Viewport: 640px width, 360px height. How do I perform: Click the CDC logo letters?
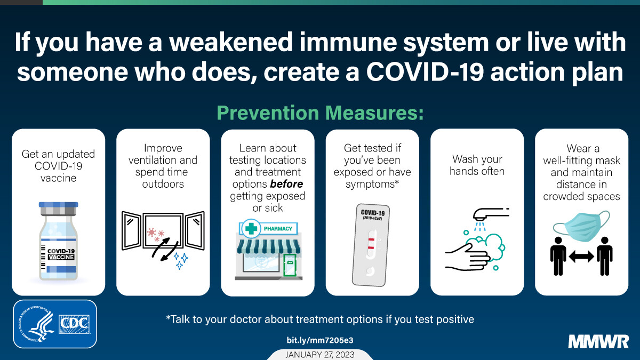[74, 324]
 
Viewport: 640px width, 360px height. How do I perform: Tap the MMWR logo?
[598, 342]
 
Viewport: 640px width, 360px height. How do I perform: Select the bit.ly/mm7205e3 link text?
[320, 340]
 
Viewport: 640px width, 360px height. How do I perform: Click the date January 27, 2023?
[320, 355]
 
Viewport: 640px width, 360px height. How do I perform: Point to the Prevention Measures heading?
[320, 113]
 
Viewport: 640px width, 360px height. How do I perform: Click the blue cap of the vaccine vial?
[58, 205]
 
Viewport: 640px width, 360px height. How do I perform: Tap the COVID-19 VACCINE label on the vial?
[61, 254]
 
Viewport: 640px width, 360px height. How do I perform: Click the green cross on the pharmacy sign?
[251, 229]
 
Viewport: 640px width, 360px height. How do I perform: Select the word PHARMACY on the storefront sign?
[278, 229]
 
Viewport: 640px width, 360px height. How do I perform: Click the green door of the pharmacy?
[290, 265]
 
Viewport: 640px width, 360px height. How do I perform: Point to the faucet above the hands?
[491, 214]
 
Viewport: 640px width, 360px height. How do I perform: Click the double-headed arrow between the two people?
[581, 257]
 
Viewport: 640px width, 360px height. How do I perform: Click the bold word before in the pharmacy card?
[286, 184]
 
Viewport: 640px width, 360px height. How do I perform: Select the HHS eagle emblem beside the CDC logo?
[37, 324]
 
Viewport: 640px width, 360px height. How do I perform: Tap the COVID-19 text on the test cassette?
[373, 213]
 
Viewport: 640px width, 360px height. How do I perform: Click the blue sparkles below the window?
[181, 261]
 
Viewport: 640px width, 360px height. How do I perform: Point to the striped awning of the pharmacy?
[269, 246]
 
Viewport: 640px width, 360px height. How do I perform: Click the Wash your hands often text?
[477, 165]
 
